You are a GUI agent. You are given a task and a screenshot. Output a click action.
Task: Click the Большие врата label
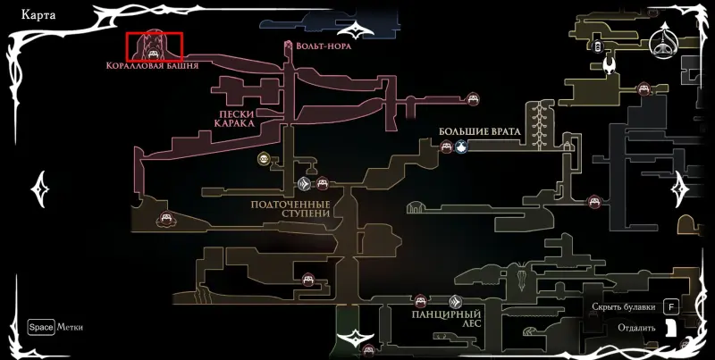click(479, 131)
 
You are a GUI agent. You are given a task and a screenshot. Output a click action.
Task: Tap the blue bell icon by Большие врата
click(460, 147)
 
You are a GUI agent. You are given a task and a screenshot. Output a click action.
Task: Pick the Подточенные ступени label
click(290, 208)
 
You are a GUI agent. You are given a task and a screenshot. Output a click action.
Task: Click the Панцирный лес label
click(447, 319)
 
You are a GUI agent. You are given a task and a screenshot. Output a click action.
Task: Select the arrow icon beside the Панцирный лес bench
click(456, 302)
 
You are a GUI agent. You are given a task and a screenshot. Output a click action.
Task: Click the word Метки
click(70, 327)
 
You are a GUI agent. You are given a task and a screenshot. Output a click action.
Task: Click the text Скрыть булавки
click(624, 307)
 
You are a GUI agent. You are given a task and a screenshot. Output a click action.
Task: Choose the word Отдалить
click(636, 328)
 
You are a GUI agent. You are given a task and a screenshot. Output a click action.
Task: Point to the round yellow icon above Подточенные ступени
click(264, 159)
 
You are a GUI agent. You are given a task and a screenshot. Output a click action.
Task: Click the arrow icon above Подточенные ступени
click(305, 185)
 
